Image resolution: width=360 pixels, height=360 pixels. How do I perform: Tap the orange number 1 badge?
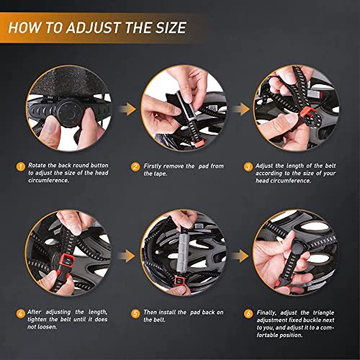(20, 167)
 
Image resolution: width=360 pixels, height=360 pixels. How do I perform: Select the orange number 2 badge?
(134, 167)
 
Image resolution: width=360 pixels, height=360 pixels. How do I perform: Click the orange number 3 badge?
(249, 167)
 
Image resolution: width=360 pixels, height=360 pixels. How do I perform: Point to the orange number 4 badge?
(20, 313)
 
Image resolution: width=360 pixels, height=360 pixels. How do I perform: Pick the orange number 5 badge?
(134, 313)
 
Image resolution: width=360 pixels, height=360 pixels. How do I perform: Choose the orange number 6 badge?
(249, 313)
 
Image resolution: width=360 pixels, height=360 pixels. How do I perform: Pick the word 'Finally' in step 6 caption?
(269, 313)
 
